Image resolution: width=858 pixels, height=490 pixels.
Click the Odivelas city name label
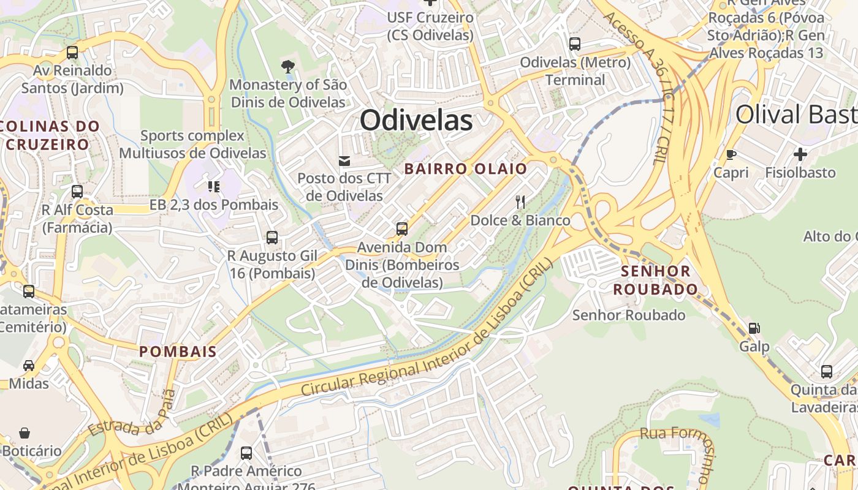coord(416,120)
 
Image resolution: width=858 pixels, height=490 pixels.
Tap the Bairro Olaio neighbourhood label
coord(465,168)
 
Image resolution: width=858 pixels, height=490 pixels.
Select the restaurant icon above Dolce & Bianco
coord(520,201)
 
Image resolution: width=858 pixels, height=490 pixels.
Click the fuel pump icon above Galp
coord(754,328)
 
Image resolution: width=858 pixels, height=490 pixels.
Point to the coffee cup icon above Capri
coord(731,154)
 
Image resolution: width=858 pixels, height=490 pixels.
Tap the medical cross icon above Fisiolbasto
coord(800,154)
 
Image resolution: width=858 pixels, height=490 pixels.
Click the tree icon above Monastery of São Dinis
coord(287,66)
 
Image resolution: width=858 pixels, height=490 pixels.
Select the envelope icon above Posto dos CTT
coord(344,160)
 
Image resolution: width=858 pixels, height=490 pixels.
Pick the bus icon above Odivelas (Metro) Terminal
coord(575,44)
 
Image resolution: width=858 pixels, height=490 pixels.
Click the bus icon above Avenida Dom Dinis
coord(402,229)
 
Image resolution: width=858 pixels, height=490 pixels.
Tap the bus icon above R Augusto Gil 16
coord(272,237)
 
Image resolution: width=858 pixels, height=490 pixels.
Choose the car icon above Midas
coord(29,366)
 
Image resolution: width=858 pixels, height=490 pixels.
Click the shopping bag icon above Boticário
coord(25,433)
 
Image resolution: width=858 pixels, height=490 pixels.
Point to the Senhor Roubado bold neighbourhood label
coord(655,280)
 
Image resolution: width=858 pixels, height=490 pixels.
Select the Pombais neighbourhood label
coord(178,352)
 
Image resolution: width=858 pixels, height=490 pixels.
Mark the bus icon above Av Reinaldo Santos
coord(72,53)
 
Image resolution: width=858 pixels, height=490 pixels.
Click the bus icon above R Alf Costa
coord(77,192)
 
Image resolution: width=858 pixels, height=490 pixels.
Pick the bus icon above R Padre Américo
coord(246,453)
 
